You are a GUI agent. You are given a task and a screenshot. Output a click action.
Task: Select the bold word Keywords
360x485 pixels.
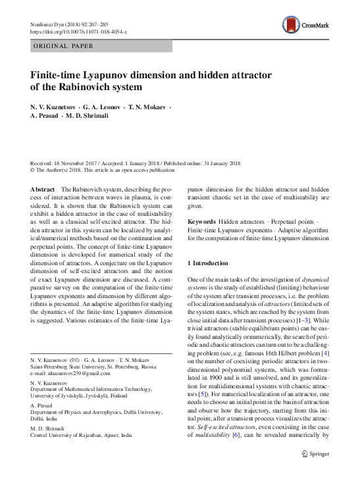(x=202, y=222)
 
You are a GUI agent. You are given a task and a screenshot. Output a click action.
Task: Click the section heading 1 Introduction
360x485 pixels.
(x=207, y=263)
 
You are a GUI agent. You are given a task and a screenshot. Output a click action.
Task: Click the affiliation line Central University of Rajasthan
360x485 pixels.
(x=82, y=435)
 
